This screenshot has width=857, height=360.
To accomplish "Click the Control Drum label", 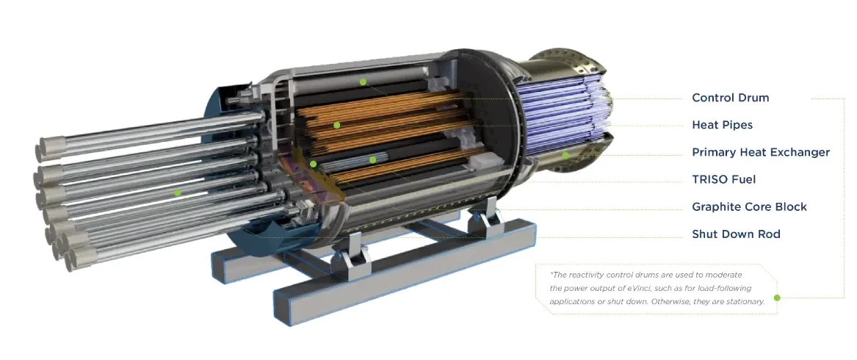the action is pyautogui.click(x=730, y=98).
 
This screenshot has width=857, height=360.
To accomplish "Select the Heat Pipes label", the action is pyautogui.click(x=722, y=126).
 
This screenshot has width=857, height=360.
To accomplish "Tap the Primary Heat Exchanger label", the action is pyautogui.click(x=761, y=153).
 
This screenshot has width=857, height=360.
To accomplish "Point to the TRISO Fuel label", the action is pyautogui.click(x=723, y=179).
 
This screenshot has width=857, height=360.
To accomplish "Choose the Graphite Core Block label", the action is pyautogui.click(x=749, y=206).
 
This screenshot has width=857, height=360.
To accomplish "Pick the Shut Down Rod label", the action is pyautogui.click(x=736, y=234).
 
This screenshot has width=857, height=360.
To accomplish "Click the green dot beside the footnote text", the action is pyautogui.click(x=777, y=298).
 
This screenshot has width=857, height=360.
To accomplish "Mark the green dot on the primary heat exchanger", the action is pyautogui.click(x=565, y=155).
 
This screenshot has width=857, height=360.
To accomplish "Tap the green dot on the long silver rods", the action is pyautogui.click(x=177, y=192).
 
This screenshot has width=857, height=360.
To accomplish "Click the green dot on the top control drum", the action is pyautogui.click(x=362, y=82).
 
